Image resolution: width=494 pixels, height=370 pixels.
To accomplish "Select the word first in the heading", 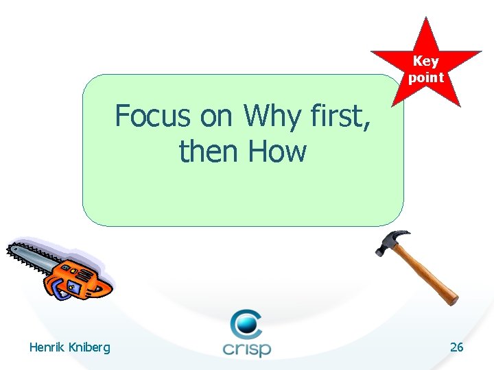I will [x=340, y=116].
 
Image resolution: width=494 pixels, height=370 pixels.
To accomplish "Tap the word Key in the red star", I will [x=425, y=61].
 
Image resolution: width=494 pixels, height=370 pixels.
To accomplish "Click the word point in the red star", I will [x=425, y=77].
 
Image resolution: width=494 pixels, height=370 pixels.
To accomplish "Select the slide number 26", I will [x=456, y=347].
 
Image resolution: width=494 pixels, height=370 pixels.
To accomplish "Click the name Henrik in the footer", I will [x=46, y=347].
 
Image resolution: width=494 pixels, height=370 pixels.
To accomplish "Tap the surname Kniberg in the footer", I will [x=88, y=348].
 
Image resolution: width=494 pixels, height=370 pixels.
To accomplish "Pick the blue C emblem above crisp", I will [x=245, y=323].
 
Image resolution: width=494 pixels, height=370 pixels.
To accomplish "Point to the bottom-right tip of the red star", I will [x=459, y=105].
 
